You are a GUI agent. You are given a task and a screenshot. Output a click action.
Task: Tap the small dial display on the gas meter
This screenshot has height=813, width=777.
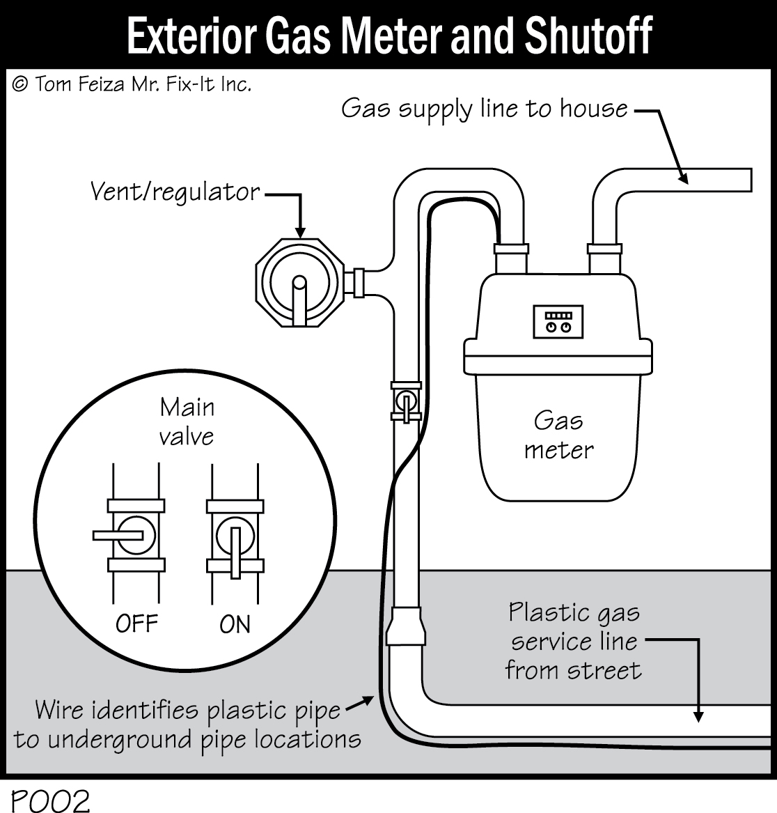pos(558,321)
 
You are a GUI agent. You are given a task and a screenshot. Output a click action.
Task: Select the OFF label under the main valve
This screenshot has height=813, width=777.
pos(136,623)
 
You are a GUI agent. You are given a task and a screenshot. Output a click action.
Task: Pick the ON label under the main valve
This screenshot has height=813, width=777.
pos(235,624)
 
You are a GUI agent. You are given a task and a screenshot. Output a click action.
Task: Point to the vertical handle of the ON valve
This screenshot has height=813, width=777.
pos(235,551)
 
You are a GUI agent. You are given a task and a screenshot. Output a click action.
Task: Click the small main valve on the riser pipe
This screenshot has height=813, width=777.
pos(405,401)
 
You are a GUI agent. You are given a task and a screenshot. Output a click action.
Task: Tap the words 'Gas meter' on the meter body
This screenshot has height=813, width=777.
pos(558,435)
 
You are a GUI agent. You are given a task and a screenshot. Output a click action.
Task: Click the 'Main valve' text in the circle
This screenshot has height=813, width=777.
pos(187,421)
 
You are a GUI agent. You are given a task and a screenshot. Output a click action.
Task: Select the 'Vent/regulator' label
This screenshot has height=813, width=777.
pos(175,192)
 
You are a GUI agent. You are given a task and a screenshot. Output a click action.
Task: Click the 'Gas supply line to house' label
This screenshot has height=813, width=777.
pos(484,109)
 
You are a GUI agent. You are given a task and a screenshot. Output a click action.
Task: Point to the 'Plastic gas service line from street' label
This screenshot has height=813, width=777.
pos(572,641)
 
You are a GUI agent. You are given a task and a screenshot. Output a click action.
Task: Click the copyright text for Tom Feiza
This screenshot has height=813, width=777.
pos(132,85)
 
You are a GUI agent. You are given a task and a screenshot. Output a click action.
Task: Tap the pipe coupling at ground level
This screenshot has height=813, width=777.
pos(408,626)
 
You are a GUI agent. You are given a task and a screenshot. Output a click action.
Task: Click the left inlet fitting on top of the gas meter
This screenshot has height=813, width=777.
pos(511,249)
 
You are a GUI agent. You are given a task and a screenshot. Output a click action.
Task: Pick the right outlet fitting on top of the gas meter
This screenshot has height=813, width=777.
pos(604,249)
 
